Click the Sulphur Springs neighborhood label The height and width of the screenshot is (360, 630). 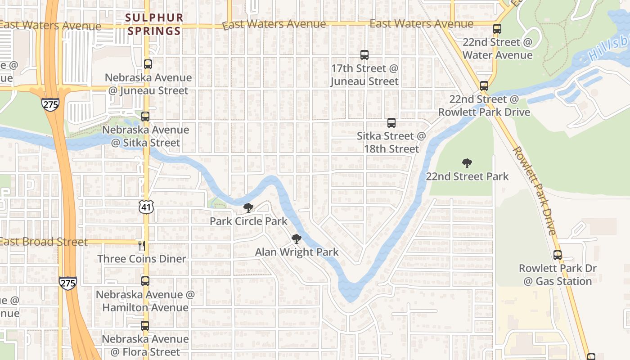click(x=154, y=24)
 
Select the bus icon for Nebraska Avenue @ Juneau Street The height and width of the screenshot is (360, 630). click(x=148, y=64)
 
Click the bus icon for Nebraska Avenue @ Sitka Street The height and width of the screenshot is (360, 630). click(x=145, y=117)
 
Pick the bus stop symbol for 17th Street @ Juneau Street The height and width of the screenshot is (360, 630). click(x=364, y=55)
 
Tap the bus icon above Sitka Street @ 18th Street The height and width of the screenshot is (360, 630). click(x=391, y=122)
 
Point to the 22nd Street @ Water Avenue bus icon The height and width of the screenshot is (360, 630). click(x=497, y=29)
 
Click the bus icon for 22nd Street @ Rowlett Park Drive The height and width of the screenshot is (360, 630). click(x=484, y=85)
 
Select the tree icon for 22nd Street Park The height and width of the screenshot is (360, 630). click(x=467, y=163)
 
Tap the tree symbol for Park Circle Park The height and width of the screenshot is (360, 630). click(x=248, y=207)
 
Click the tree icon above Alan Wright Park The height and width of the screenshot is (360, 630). click(x=296, y=238)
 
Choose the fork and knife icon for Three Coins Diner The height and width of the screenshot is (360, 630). click(x=142, y=246)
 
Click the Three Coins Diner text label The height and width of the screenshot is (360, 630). click(x=142, y=259)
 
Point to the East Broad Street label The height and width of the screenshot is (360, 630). click(x=44, y=242)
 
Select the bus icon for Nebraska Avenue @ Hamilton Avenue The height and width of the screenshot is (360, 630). click(x=145, y=281)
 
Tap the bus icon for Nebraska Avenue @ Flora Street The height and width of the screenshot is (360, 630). click(x=145, y=325)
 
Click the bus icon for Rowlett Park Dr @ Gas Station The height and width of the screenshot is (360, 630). click(x=558, y=255)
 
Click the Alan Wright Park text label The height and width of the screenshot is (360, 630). click(x=297, y=252)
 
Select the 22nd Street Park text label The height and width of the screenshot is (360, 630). click(x=467, y=176)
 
